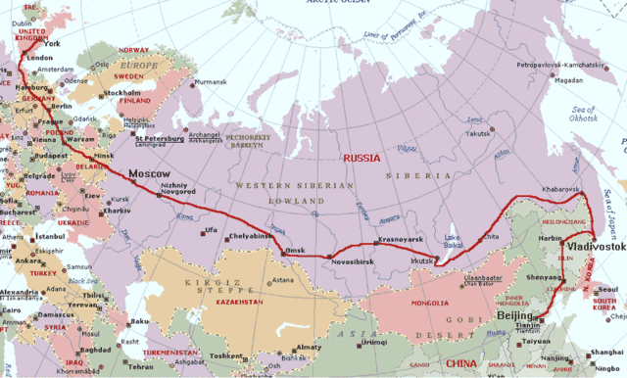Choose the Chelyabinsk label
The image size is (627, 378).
[248, 236]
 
